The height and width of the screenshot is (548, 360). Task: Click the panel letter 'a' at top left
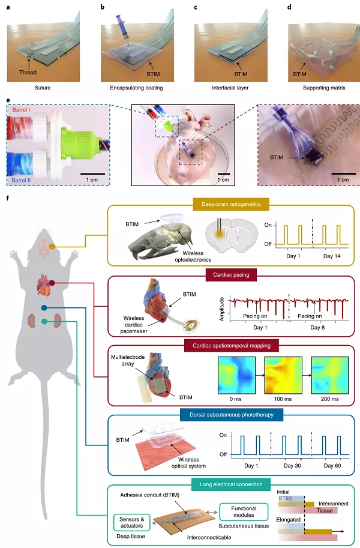[7, 7]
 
